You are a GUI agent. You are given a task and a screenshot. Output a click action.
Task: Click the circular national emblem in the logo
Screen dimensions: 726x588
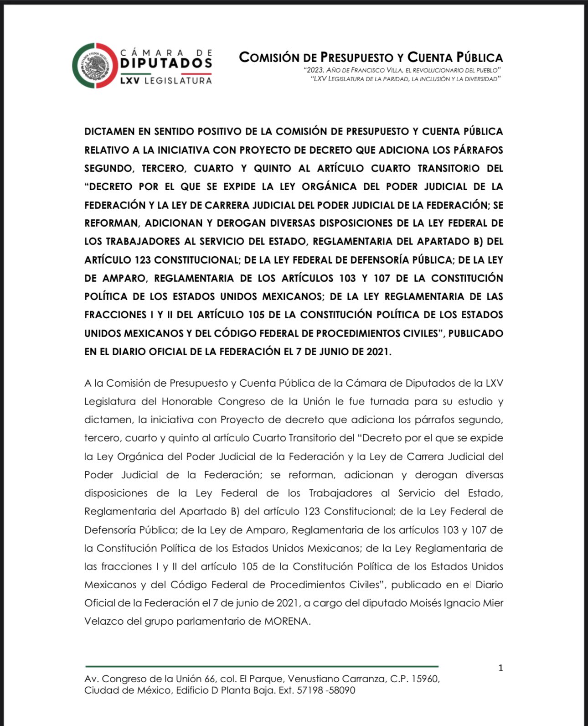coord(94,65)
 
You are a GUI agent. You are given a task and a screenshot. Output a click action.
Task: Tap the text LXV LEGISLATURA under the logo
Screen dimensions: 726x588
coord(166,81)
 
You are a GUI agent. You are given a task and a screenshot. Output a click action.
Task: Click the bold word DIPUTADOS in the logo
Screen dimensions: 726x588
coord(166,63)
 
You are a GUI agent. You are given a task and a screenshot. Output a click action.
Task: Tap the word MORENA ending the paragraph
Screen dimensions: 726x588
coord(287,621)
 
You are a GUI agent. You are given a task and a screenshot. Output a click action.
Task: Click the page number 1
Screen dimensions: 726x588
coord(500,668)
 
